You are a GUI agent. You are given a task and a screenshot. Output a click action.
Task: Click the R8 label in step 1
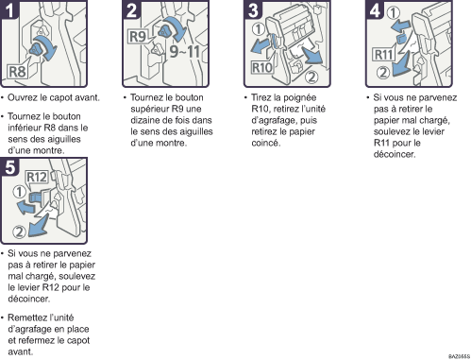[18, 72]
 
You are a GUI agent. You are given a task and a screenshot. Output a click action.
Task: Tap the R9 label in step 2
[138, 36]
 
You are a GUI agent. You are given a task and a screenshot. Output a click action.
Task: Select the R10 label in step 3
[261, 67]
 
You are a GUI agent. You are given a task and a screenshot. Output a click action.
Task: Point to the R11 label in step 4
[383, 55]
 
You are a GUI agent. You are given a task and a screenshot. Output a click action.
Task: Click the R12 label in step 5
[37, 177]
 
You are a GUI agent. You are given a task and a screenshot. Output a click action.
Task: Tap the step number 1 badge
[9, 9]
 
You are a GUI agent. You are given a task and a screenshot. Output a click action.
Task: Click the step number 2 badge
[131, 9]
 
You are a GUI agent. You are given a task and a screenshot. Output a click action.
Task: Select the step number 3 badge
[253, 9]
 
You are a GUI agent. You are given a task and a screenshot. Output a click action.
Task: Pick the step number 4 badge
[375, 9]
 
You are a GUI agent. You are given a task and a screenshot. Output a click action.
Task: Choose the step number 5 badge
[9, 166]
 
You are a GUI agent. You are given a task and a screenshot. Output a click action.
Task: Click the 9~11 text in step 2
[185, 51]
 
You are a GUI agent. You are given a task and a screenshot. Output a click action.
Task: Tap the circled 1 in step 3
[259, 29]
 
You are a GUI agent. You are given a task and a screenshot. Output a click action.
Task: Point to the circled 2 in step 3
[311, 77]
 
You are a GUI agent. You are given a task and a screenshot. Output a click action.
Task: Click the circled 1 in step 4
[393, 13]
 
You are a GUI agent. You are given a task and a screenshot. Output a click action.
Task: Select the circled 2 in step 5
[19, 231]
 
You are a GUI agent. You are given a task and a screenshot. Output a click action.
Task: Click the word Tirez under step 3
[261, 97]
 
